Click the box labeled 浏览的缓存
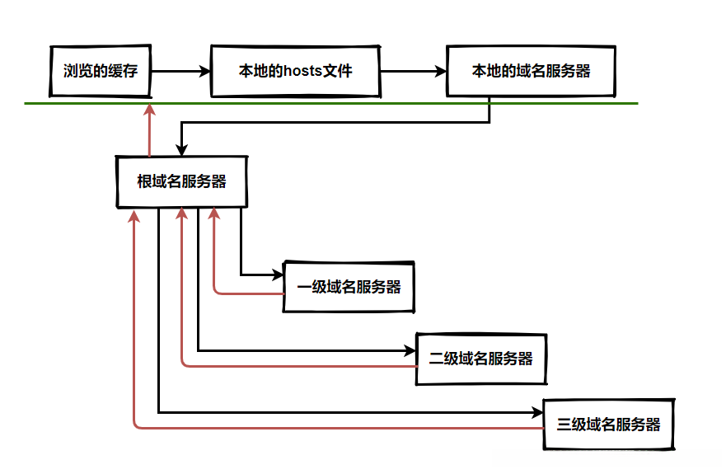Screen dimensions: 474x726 click(100, 71)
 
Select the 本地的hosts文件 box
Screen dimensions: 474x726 click(296, 71)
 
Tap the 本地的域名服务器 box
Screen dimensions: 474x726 click(531, 71)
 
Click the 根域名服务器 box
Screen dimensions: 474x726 click(181, 181)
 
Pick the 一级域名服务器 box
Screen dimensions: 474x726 click(349, 287)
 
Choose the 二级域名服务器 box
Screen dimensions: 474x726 click(481, 359)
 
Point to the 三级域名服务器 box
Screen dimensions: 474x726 click(608, 425)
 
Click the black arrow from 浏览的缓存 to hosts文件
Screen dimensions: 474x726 click(181, 72)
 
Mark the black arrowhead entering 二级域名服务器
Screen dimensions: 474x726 click(411, 350)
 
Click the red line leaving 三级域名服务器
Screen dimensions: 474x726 click(330, 428)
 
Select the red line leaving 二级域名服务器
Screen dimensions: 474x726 click(297, 365)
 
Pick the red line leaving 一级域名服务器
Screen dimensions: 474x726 click(247, 293)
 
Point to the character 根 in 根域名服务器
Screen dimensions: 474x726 click(144, 181)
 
